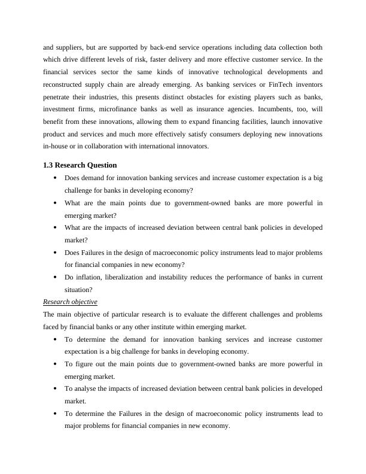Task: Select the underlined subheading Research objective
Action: [x=71, y=302]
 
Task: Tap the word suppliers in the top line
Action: [x=73, y=47]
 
